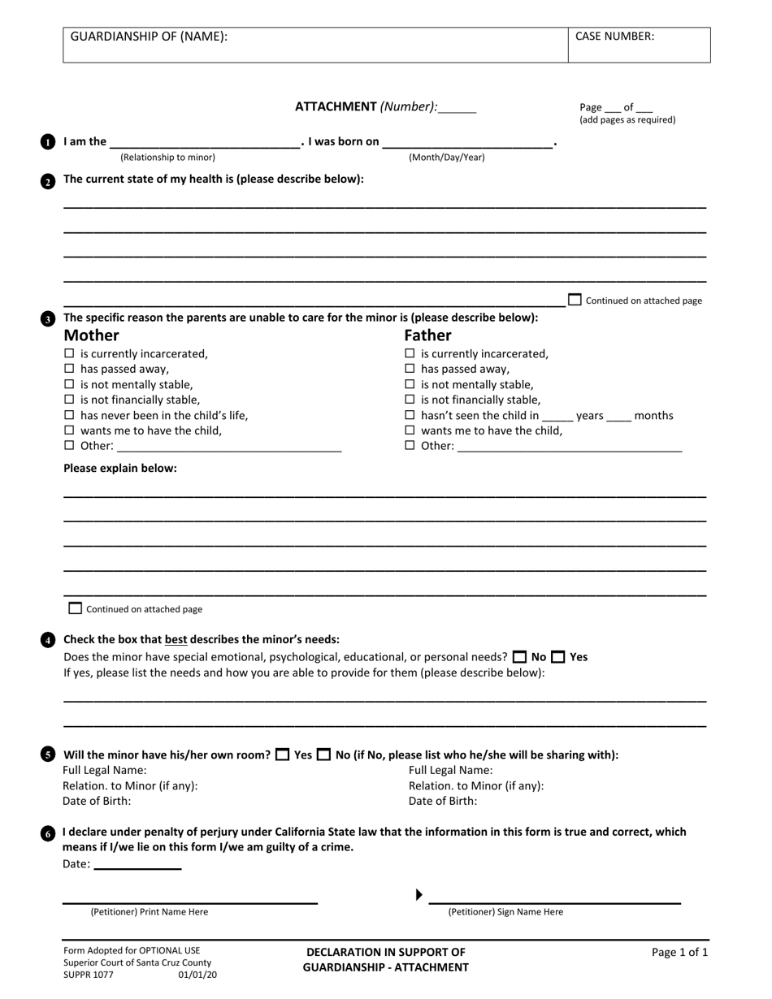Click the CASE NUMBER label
click(x=614, y=37)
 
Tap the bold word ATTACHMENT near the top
click(x=336, y=106)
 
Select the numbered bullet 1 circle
click(x=48, y=142)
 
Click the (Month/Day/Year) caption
click(x=446, y=158)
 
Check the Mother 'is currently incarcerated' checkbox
click(x=69, y=353)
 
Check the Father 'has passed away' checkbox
click(x=410, y=369)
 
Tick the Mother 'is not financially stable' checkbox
click(x=69, y=400)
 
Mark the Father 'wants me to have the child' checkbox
click(x=410, y=430)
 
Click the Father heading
click(x=427, y=335)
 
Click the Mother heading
click(x=91, y=335)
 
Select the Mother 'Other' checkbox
click(x=69, y=446)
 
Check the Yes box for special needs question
click(x=558, y=657)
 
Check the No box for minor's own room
click(x=323, y=755)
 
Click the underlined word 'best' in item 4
click(x=176, y=639)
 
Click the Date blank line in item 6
click(x=137, y=865)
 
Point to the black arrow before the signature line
click(x=419, y=895)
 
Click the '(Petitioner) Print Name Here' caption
click(x=149, y=912)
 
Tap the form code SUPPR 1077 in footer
click(x=88, y=975)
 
